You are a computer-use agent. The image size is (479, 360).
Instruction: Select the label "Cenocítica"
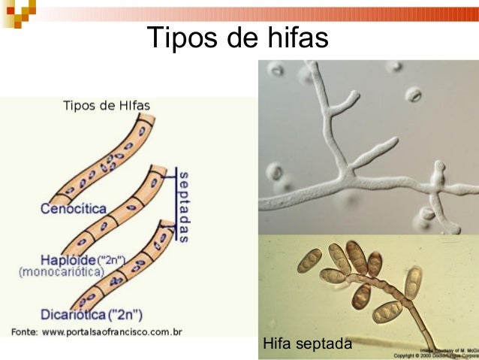(x=74, y=208)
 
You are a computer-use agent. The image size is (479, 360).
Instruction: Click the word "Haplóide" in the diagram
(x=64, y=260)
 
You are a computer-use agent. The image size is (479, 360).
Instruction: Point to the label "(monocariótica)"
(x=62, y=272)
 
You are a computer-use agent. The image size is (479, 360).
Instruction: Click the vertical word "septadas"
(x=184, y=204)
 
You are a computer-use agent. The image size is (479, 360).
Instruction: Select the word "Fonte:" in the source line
(x=26, y=331)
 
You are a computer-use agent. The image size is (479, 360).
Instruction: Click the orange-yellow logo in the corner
(x=17, y=12)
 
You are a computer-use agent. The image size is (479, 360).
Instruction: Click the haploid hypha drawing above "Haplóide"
(x=113, y=218)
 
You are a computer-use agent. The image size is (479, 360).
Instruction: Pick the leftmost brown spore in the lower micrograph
(x=309, y=260)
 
